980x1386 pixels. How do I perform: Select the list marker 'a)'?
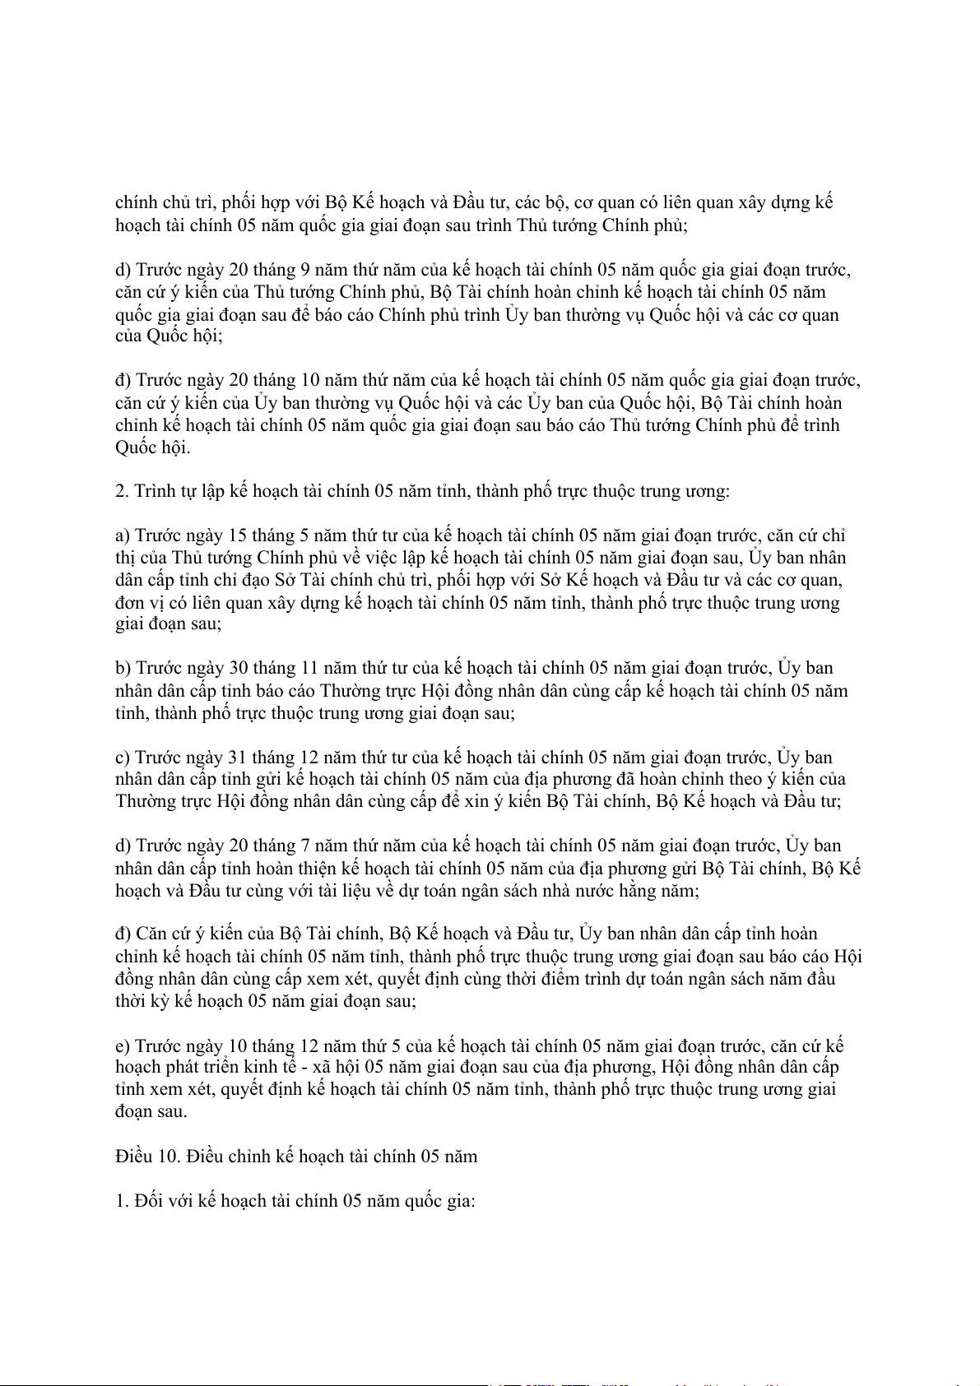coord(123,536)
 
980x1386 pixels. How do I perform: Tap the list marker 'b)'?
coord(123,668)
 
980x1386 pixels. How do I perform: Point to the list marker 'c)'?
coord(123,758)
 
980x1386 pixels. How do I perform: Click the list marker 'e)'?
coord(123,1046)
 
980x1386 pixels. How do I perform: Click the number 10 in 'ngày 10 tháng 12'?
coord(238,1046)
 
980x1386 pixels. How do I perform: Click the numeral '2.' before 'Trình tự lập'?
coord(122,492)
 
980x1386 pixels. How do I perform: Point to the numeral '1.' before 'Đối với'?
coord(122,1201)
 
